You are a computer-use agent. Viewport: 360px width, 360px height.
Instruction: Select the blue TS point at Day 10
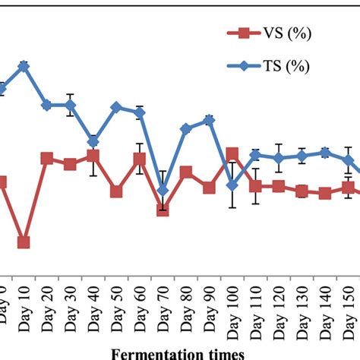pyautogui.click(x=24, y=65)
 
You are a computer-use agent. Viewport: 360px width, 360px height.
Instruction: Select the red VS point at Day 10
pyautogui.click(x=24, y=242)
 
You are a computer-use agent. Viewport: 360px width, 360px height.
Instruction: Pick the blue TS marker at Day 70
pyautogui.click(x=163, y=191)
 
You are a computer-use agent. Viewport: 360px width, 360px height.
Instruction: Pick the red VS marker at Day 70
pyautogui.click(x=163, y=210)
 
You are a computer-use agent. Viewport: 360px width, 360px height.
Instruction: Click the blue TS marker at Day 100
pyautogui.click(x=232, y=185)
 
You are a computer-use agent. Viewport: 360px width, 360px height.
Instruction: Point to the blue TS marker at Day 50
pyautogui.click(x=116, y=107)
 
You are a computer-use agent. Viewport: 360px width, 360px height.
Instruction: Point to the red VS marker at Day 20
pyautogui.click(x=47, y=158)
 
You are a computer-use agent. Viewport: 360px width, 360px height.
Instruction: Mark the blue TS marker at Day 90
pyautogui.click(x=209, y=120)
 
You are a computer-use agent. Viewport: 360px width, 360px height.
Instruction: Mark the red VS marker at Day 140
pyautogui.click(x=325, y=194)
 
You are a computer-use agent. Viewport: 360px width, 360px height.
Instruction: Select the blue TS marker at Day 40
pyautogui.click(x=93, y=141)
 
